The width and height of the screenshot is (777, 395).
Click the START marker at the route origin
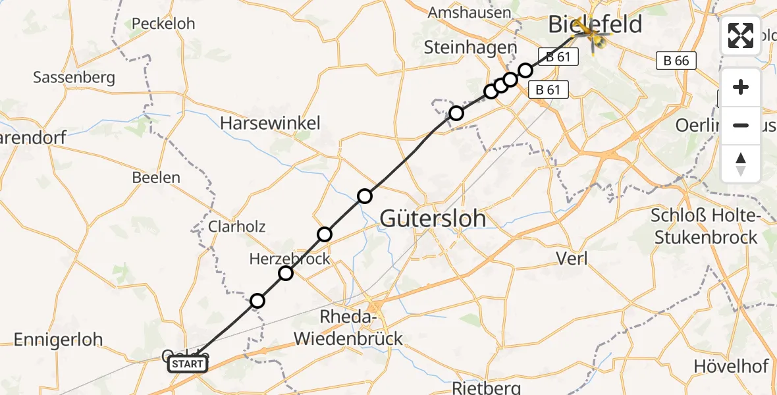[x=188, y=364]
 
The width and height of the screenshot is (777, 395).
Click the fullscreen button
[x=741, y=36]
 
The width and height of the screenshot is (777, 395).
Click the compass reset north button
[x=741, y=164]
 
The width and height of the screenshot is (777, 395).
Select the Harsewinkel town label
[x=270, y=123]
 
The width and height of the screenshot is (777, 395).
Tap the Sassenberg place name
[x=74, y=78]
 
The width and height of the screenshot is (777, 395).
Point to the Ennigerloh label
[x=58, y=340]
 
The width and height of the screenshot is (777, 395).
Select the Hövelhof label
[x=731, y=365]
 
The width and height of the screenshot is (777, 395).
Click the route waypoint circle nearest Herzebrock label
[x=286, y=273]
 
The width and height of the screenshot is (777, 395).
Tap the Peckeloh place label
[x=163, y=24]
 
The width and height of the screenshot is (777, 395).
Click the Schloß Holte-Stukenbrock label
[x=706, y=226]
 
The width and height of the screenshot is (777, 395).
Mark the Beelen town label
[x=156, y=178]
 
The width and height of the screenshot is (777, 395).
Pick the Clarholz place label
[x=236, y=226]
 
